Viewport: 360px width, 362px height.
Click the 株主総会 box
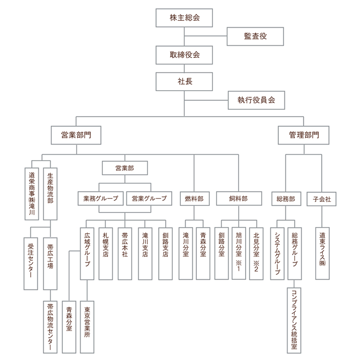point(185,18)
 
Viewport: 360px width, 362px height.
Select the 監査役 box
point(255,36)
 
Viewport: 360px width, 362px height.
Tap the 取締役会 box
point(185,54)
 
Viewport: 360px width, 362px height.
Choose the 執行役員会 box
point(256,100)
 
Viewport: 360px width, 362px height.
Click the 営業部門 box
point(76,135)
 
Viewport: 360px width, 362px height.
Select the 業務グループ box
point(101,198)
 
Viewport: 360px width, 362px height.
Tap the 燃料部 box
point(194,198)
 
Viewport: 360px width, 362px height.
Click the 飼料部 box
point(238,198)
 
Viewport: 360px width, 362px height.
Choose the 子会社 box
point(322,198)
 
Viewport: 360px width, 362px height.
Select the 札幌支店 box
point(105,249)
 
